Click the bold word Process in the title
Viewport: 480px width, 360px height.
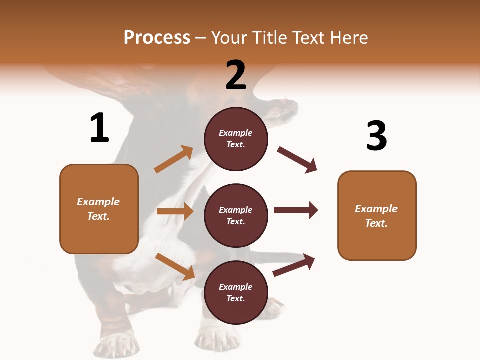point(157,38)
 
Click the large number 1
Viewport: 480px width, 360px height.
point(99,128)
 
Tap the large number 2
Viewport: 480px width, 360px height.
point(236,75)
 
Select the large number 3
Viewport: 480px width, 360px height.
point(376,136)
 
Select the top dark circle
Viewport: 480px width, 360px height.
point(236,139)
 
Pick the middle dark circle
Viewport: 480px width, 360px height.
point(236,216)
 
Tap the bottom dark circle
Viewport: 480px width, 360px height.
point(236,293)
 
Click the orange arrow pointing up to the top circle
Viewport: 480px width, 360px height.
point(173,160)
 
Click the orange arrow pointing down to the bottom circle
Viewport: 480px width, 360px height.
point(175,266)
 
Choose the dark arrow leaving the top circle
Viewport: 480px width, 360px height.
point(297,160)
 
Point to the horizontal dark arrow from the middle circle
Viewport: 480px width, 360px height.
point(295,210)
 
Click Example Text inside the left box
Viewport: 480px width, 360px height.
point(98,209)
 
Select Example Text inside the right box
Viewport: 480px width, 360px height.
point(376,216)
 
